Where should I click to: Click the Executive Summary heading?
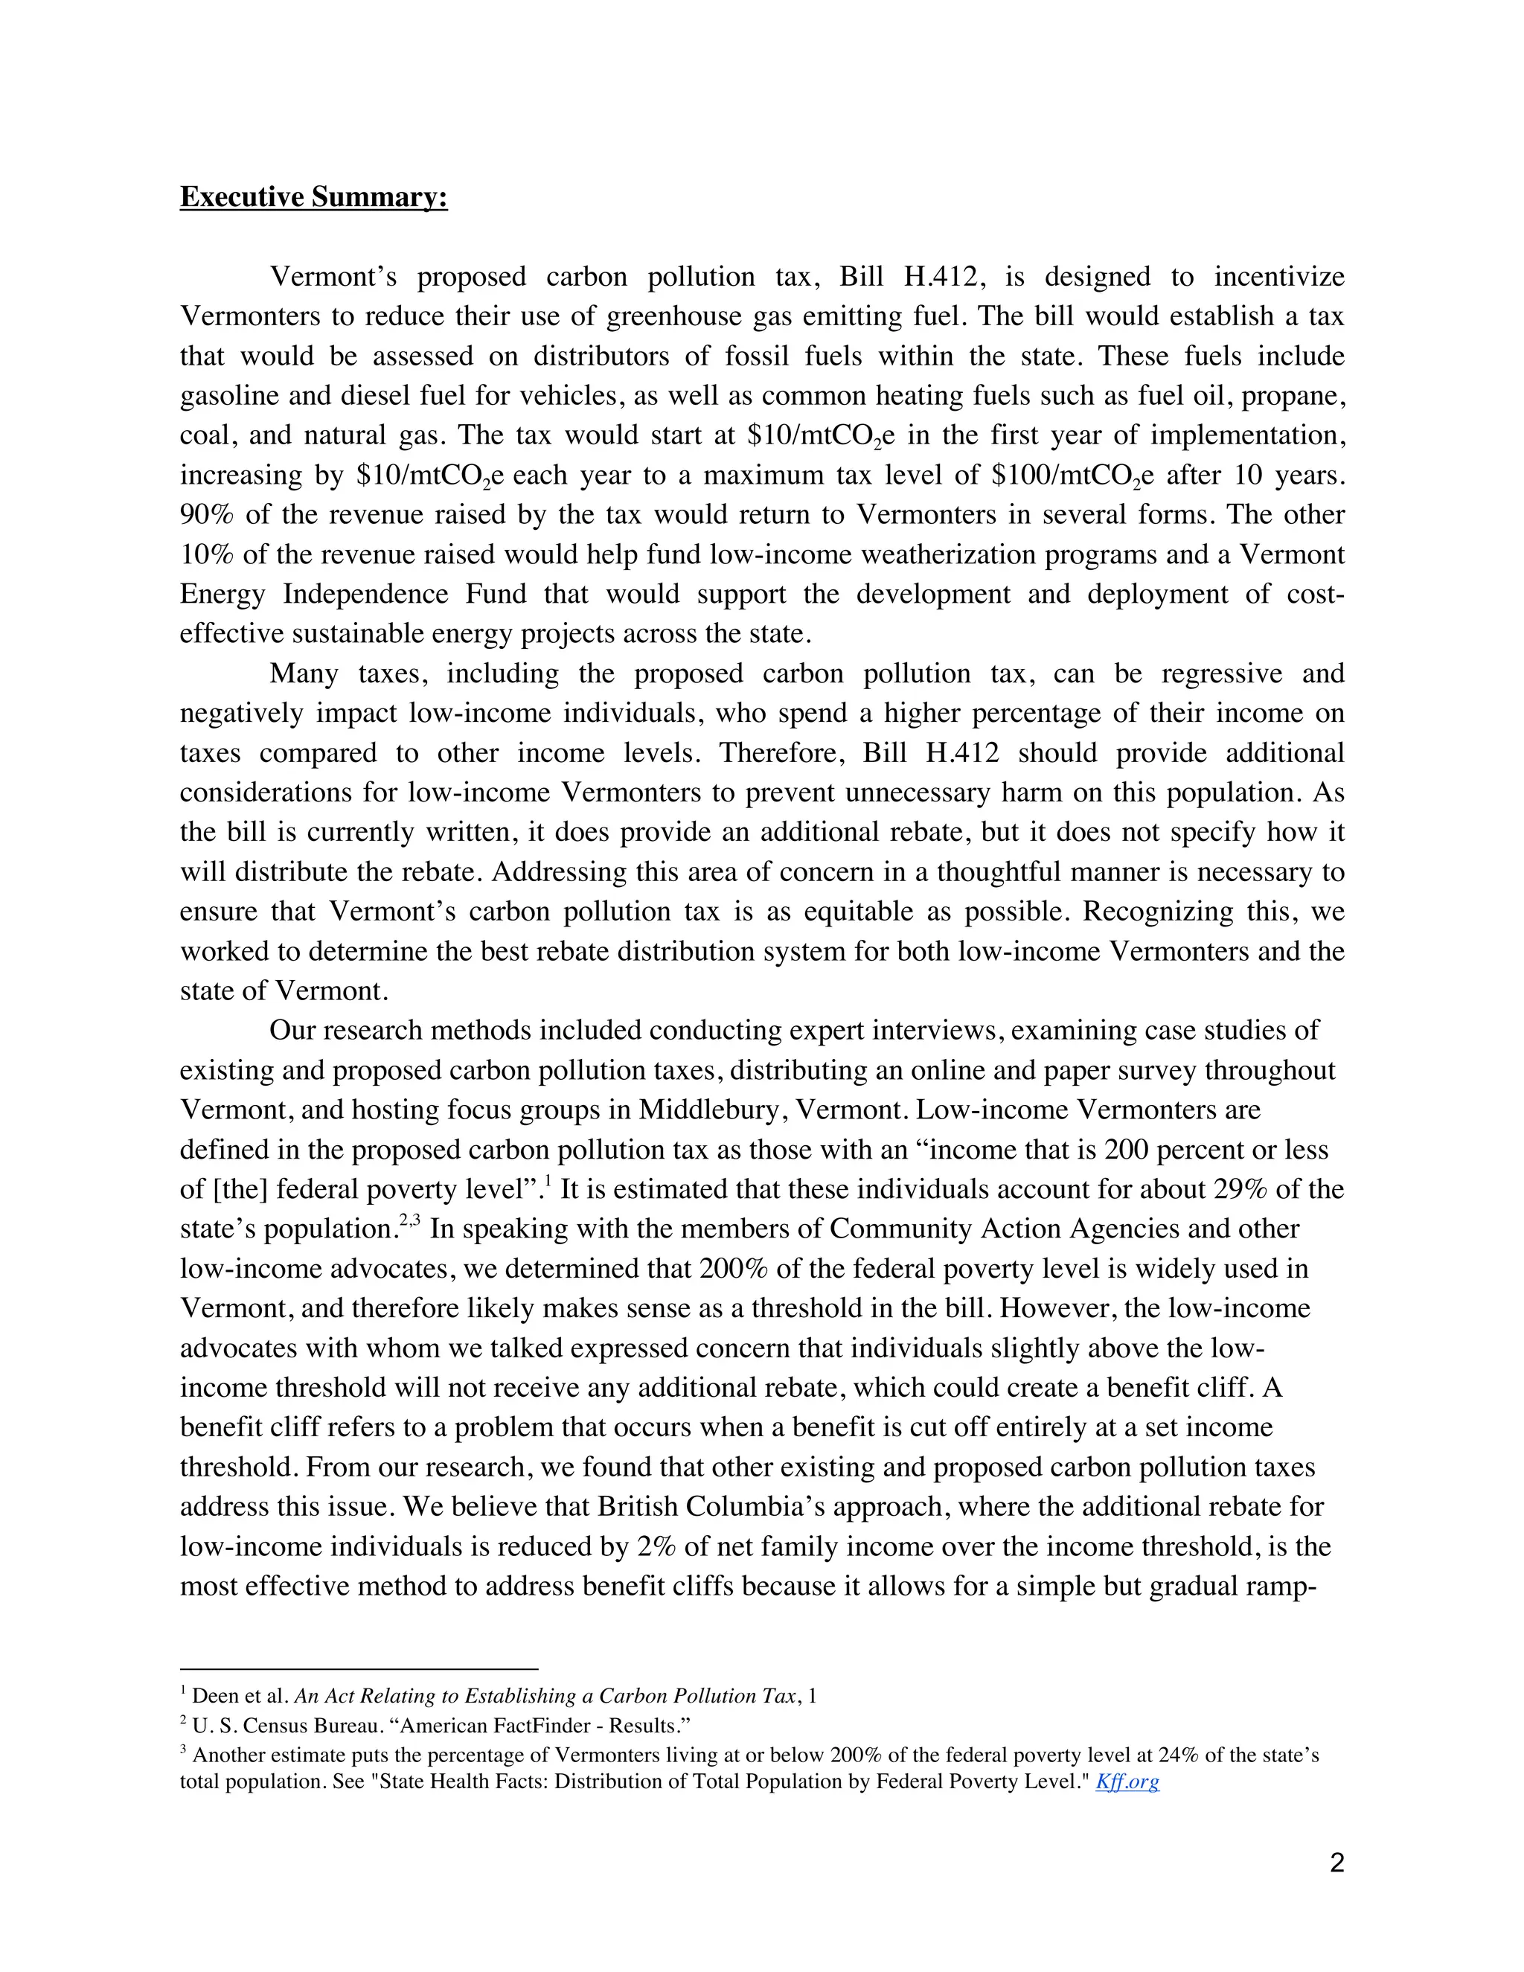313,197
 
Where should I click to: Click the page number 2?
1337,1862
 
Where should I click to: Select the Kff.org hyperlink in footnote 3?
1127,1781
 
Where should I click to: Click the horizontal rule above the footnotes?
359,1670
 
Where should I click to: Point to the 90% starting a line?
207,515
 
